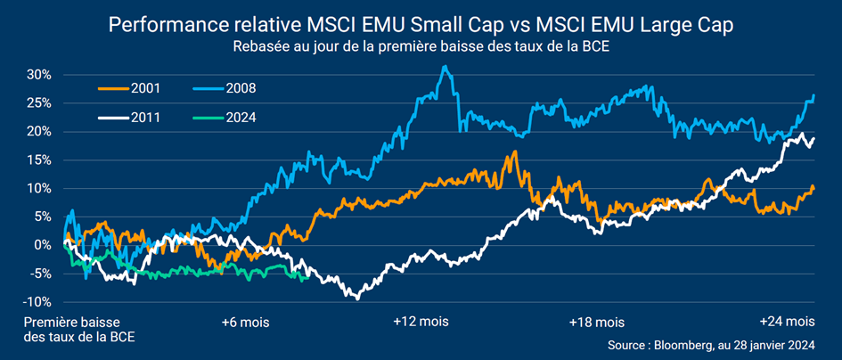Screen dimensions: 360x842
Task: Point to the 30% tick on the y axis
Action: coord(42,75)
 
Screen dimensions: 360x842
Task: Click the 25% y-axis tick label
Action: coord(42,102)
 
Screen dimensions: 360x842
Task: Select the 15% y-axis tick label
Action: coord(42,160)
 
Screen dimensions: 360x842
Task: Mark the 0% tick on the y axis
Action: coord(45,245)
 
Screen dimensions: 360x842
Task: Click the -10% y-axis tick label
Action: coord(39,301)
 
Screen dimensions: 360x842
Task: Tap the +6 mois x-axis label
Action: coord(245,321)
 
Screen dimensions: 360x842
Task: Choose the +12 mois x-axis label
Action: coord(421,321)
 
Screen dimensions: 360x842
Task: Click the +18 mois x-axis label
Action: coord(597,321)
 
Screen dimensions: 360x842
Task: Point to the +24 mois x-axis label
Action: coord(787,321)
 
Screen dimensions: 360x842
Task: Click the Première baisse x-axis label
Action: coord(71,321)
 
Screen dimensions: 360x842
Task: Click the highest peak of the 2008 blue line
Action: coord(445,66)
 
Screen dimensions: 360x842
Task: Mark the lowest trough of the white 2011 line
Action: coord(357,298)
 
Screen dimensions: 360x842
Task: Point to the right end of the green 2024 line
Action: coord(307,278)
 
